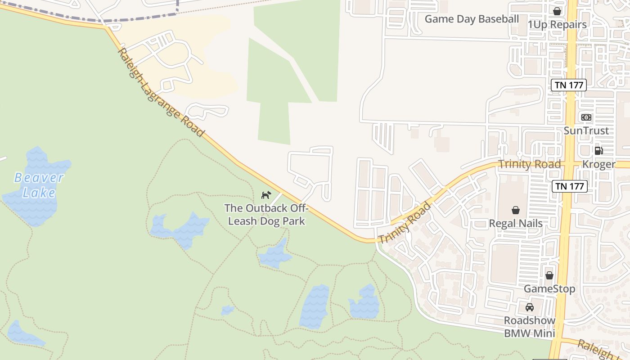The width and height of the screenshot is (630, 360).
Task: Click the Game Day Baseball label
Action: [x=472, y=19]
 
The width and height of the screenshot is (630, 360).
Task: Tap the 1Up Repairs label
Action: [x=558, y=25]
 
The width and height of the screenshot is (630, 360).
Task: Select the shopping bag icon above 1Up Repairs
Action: [x=557, y=11]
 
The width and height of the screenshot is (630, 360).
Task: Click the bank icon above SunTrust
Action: [x=586, y=117]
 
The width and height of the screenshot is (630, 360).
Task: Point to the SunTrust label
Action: [x=586, y=130]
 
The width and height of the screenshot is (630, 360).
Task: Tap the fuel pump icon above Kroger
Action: [x=598, y=151]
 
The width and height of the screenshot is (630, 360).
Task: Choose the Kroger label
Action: [x=598, y=164]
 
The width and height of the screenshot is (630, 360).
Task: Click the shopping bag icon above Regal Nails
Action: [x=516, y=210]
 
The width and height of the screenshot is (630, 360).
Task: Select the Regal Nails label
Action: [x=516, y=223]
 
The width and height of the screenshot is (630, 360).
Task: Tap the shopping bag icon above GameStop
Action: [x=549, y=275]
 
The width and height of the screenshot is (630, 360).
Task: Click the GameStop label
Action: [x=549, y=288]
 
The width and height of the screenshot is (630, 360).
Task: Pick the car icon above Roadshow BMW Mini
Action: [x=530, y=307]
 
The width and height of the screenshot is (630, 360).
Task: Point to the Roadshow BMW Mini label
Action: [x=530, y=327]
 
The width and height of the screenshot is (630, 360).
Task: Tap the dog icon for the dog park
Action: [x=266, y=195]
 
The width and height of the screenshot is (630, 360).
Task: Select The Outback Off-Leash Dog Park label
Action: [x=266, y=215]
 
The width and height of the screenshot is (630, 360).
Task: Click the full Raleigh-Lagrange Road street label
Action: [x=161, y=92]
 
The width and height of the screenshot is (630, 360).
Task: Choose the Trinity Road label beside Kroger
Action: [x=530, y=164]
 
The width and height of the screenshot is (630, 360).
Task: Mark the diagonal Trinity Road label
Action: [x=405, y=224]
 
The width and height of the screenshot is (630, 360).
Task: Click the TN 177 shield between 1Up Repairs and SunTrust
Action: [x=569, y=85]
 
